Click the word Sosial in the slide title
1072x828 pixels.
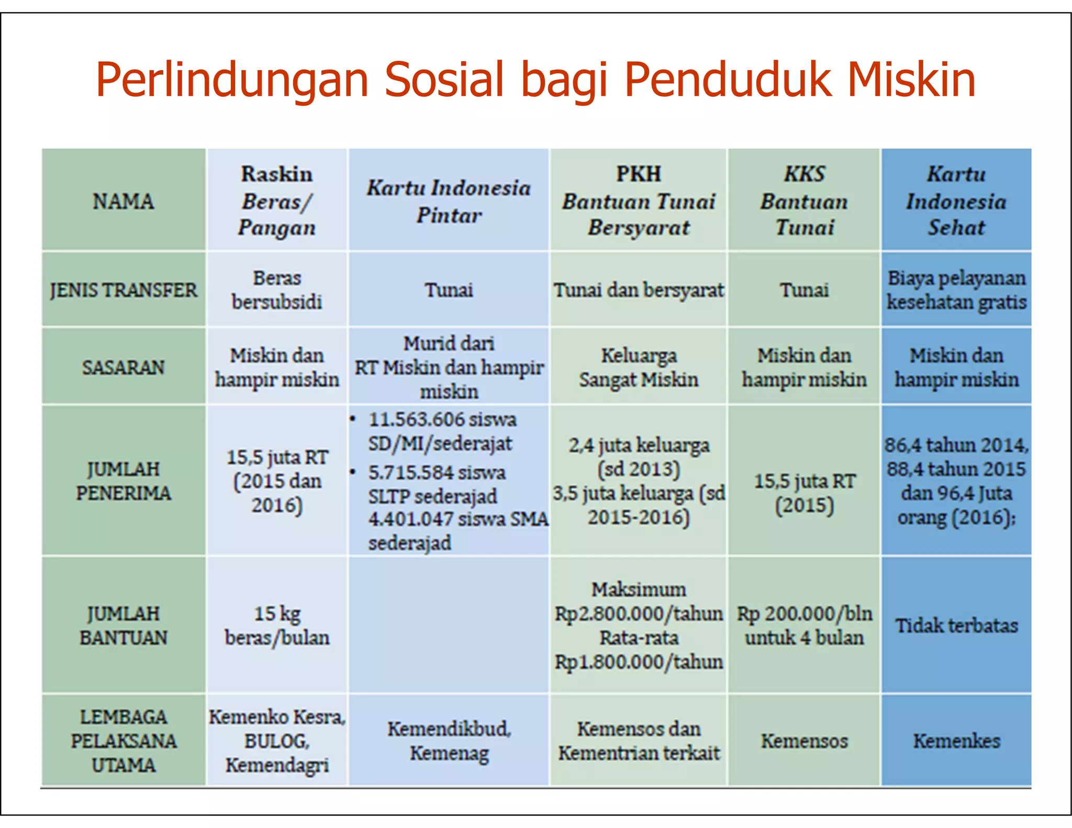click(x=444, y=80)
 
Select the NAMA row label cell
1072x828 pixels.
click(x=124, y=202)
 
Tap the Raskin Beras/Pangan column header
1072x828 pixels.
click(x=277, y=201)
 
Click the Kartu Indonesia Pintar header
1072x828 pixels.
click(x=449, y=202)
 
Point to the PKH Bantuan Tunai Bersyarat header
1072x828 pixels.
click(x=638, y=201)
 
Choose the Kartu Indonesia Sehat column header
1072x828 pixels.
click(x=956, y=201)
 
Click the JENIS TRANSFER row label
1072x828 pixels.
click(x=124, y=290)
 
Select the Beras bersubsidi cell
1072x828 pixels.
click(x=277, y=290)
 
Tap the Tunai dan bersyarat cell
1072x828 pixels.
click(x=638, y=290)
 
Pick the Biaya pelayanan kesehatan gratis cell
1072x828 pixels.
click(x=956, y=290)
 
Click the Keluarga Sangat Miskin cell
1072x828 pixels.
click(x=638, y=367)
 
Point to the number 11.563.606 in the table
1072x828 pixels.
click(x=417, y=420)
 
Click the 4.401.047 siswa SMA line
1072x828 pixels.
click(x=457, y=519)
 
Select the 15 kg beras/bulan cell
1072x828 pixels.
click(x=277, y=625)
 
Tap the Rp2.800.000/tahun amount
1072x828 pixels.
click(x=638, y=614)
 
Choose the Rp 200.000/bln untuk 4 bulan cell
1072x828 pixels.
click(x=804, y=625)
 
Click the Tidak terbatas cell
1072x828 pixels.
click(x=956, y=626)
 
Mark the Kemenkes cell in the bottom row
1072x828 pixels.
click(x=956, y=741)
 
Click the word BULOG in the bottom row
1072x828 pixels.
click(x=276, y=741)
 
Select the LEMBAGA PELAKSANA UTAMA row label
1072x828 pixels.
click(x=124, y=741)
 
